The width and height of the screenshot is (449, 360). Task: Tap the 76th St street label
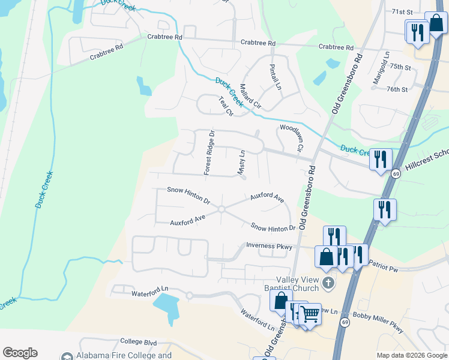(x=397, y=89)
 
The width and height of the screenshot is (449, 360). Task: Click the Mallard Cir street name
(x=250, y=95)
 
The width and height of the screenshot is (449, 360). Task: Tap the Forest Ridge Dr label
(x=209, y=152)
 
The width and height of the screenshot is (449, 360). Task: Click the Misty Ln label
(x=242, y=163)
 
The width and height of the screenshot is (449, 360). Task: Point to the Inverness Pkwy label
(x=269, y=245)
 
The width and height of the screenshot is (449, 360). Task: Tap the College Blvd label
(x=138, y=343)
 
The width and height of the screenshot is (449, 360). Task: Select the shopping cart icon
(x=310, y=313)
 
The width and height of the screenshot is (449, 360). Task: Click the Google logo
(x=20, y=352)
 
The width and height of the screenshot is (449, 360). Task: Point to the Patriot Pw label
(x=384, y=266)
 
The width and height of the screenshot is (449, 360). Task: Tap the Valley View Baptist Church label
(x=300, y=283)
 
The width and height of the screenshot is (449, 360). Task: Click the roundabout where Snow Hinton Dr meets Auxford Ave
(x=221, y=209)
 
